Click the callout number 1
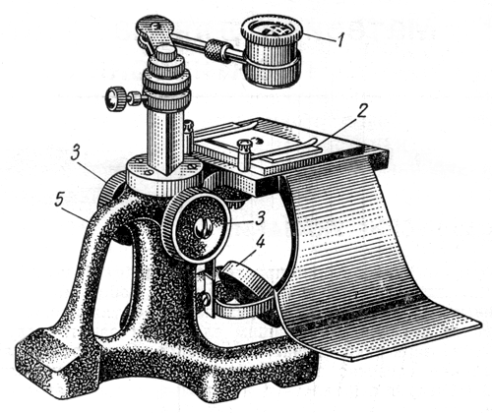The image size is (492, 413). tap(340, 41)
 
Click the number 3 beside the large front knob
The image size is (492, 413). tap(260, 218)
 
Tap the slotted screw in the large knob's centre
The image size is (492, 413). tap(203, 228)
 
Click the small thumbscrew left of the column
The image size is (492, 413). tap(114, 97)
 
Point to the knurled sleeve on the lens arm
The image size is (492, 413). tap(215, 48)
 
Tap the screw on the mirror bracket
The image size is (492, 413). tap(205, 298)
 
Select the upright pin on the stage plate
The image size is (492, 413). tap(243, 154)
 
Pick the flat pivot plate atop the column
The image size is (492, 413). tap(154, 33)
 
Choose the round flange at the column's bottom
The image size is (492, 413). tap(165, 175)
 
